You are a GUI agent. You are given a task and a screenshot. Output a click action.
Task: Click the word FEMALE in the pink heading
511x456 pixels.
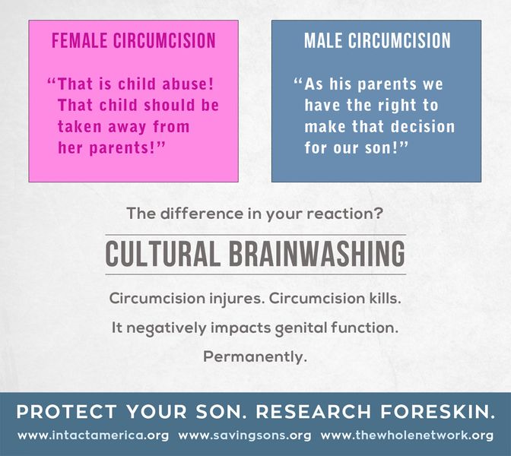click(x=80, y=40)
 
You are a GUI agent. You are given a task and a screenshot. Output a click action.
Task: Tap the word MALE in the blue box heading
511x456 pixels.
click(x=323, y=40)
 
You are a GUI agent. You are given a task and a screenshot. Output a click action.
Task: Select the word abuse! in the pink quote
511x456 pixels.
click(x=188, y=84)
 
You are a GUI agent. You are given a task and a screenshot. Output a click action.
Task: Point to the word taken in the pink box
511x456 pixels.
click(x=80, y=126)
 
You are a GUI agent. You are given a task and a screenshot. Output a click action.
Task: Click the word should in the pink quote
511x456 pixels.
click(x=170, y=105)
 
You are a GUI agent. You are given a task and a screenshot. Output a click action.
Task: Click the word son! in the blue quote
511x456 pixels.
click(x=386, y=147)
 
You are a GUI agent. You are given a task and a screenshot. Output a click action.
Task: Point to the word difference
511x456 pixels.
click(x=202, y=214)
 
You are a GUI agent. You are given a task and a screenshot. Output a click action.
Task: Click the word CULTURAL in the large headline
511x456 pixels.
click(x=163, y=254)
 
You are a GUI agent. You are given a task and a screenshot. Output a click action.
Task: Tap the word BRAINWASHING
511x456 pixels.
click(x=317, y=254)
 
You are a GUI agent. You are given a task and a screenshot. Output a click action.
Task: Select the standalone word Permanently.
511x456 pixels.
click(x=255, y=357)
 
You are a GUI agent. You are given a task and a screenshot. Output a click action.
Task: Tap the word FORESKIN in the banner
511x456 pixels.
click(x=438, y=411)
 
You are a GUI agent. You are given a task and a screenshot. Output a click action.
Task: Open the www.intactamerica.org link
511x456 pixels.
click(x=94, y=435)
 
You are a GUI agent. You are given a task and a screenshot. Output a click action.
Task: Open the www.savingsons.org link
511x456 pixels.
click(x=244, y=435)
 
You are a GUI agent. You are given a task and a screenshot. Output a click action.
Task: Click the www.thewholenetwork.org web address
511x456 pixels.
click(x=407, y=435)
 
